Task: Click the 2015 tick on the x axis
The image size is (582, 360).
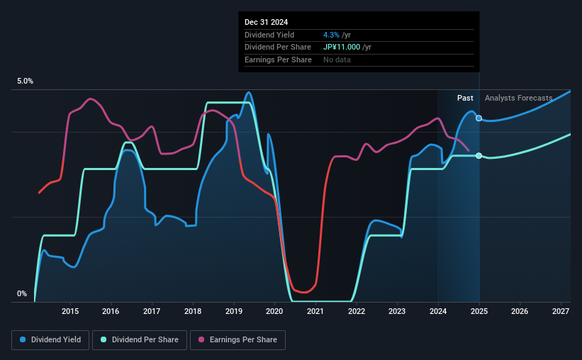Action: click(69, 311)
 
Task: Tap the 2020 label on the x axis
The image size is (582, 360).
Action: click(274, 311)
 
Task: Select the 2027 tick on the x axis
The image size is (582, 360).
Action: click(561, 311)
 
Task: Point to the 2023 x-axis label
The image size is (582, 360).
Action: click(397, 311)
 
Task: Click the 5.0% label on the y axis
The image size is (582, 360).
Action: click(25, 81)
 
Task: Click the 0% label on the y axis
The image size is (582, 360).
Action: click(21, 294)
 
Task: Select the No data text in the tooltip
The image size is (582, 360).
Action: click(337, 60)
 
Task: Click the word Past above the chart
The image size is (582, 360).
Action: click(465, 98)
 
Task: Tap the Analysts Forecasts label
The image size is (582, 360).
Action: click(518, 98)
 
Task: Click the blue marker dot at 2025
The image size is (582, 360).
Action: click(479, 118)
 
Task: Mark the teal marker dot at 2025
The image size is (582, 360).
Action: click(479, 155)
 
